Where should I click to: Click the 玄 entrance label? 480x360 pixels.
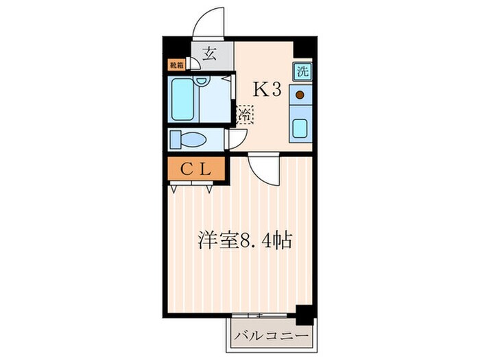point(209,56)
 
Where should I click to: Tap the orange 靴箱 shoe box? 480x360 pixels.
point(176,65)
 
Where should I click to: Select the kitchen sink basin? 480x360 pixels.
point(300,128)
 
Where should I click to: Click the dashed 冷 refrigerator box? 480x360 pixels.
point(245,114)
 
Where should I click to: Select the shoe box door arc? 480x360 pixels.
point(194,62)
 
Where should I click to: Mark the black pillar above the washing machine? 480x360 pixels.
point(304,50)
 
